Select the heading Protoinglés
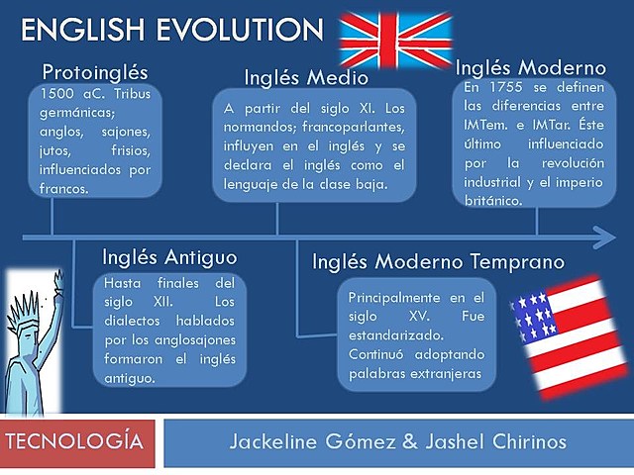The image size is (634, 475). (95, 72)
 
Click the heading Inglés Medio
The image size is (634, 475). (306, 77)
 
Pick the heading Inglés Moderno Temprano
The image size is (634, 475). (438, 262)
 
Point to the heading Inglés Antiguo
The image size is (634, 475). (169, 257)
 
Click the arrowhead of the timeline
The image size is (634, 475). (602, 237)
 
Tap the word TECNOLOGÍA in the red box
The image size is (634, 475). (79, 441)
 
